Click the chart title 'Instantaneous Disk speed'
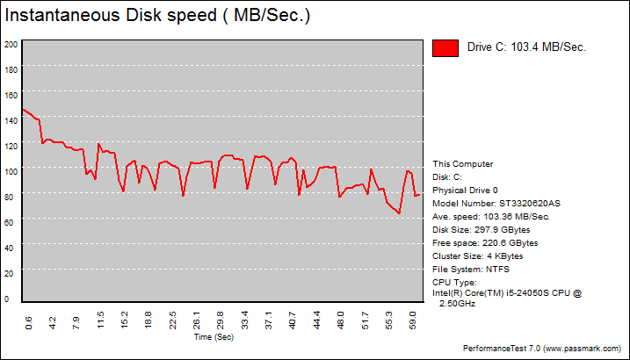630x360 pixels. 157,15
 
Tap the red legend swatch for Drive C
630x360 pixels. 445,48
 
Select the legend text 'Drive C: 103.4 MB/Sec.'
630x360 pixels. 526,47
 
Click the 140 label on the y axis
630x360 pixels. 11,120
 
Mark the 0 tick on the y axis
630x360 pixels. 7,299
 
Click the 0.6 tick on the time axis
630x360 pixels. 30,322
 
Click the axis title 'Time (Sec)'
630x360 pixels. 214,336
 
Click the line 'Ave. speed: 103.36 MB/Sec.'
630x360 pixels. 491,216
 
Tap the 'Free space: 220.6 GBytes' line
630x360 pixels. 485,242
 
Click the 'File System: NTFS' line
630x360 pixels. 471,269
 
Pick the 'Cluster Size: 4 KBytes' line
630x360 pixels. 478,256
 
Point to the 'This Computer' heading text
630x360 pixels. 463,163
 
